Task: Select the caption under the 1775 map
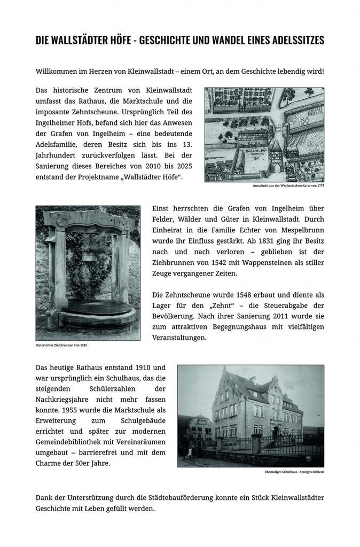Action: [288, 186]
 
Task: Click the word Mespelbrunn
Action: [299, 230]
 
